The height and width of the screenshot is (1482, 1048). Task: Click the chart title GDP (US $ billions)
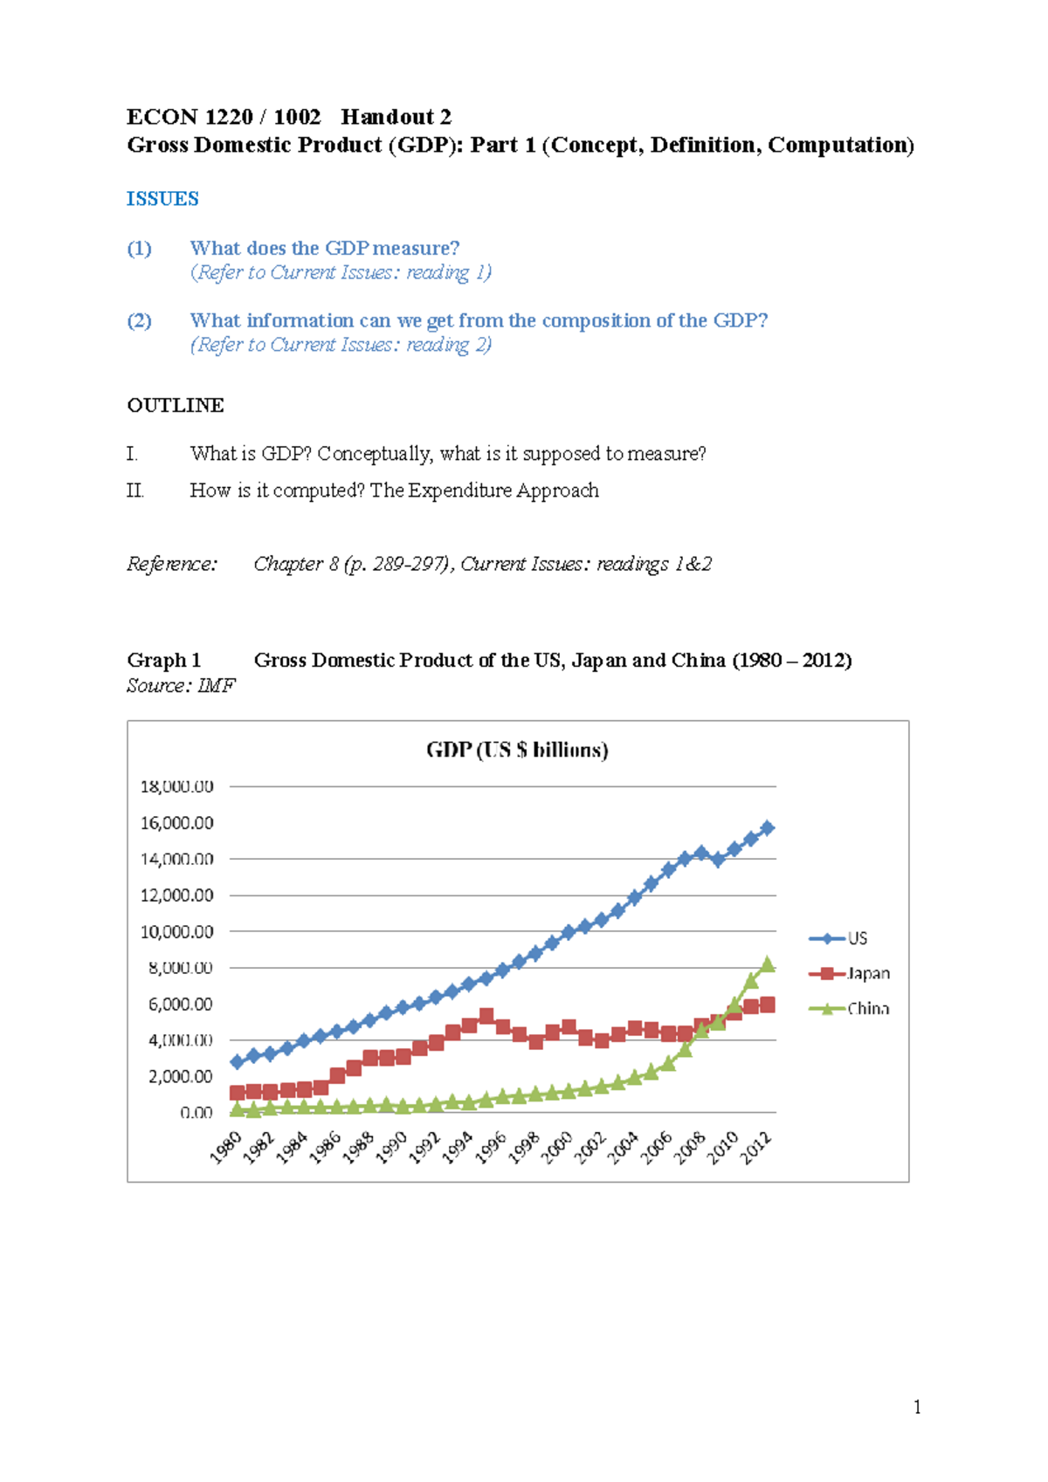click(517, 750)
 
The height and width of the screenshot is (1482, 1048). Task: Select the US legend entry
click(838, 938)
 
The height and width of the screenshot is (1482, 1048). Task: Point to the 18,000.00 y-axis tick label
click(177, 786)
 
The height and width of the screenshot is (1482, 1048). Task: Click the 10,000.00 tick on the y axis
click(177, 931)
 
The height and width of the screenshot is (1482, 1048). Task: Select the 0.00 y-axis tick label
click(196, 1112)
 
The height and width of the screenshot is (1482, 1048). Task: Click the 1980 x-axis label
click(225, 1147)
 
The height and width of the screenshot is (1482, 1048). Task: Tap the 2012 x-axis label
click(756, 1147)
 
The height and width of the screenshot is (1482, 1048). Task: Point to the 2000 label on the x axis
click(557, 1147)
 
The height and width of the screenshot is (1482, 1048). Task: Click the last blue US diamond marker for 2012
click(768, 827)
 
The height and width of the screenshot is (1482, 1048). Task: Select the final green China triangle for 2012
click(768, 964)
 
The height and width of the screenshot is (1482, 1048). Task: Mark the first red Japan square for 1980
click(237, 1093)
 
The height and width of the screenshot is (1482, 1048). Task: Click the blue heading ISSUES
click(162, 199)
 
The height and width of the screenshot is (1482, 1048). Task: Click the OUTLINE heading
click(176, 405)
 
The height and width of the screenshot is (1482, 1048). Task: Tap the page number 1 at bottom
click(917, 1406)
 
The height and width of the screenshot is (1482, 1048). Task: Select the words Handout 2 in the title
click(396, 117)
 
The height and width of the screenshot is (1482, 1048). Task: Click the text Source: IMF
click(181, 685)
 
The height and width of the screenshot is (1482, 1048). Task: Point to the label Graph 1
click(163, 660)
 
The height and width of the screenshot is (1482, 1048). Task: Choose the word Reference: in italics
click(171, 564)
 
